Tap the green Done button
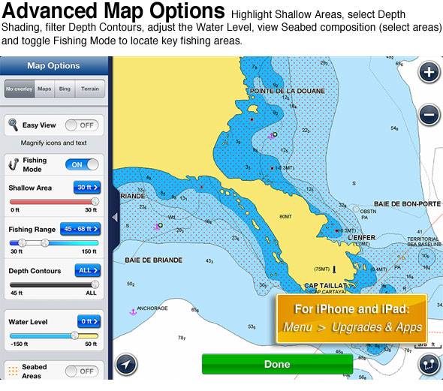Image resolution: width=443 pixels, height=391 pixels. point(277,364)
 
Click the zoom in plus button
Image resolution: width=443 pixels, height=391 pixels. point(429,73)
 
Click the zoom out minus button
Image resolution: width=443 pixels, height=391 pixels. point(429,115)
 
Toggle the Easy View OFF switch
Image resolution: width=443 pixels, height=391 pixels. point(82,125)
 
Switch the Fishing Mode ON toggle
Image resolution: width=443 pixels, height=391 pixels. point(82,164)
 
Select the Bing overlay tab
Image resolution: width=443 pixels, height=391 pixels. point(65,89)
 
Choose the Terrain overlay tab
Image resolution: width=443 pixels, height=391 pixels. point(89,89)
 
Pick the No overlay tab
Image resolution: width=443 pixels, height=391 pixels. point(20,89)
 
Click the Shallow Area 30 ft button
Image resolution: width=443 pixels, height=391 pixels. point(86,188)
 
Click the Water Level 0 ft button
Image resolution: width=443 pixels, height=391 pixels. point(86,322)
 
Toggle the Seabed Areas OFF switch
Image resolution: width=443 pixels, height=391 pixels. point(82,371)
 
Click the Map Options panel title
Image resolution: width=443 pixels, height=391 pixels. point(53,65)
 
